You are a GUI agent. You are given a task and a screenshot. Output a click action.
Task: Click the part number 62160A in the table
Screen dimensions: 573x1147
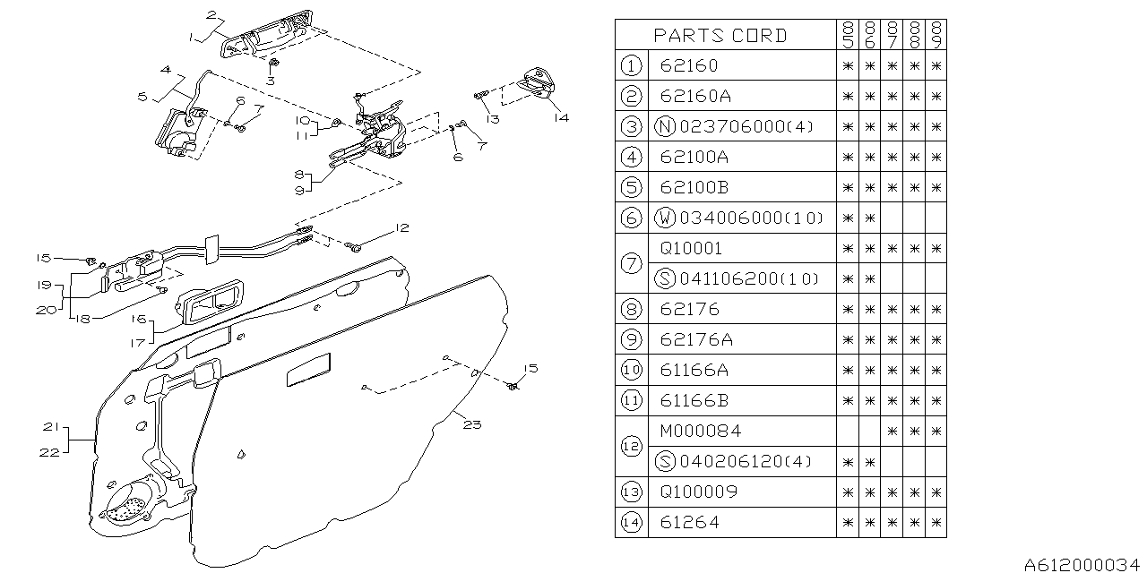(x=694, y=96)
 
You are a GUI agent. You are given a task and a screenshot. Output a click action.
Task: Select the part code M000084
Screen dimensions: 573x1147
(x=701, y=431)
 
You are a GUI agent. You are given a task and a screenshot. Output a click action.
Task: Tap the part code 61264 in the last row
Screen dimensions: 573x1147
(x=689, y=522)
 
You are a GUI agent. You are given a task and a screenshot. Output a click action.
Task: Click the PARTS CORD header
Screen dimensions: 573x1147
(x=720, y=36)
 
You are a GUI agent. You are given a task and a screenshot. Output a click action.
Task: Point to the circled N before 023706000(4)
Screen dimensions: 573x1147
(x=664, y=126)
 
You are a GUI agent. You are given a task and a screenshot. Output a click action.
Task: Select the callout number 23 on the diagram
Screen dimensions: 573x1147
(x=473, y=423)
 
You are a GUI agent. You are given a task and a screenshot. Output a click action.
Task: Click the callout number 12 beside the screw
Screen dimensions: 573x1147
(x=402, y=229)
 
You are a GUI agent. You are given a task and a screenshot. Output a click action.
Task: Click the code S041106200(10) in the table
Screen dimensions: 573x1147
(x=738, y=278)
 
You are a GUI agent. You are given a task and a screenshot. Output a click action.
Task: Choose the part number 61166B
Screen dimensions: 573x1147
(x=694, y=400)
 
